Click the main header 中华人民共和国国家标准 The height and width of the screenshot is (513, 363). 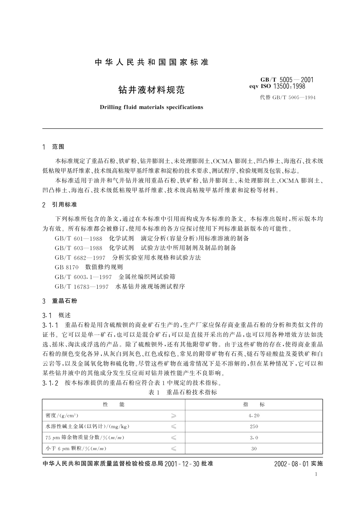(151, 62)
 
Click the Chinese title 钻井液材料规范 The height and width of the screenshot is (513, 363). (151, 90)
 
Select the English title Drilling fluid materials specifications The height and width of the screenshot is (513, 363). (151, 107)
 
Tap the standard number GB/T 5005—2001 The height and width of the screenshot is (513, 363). (287, 80)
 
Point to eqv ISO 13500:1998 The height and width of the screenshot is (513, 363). (277, 86)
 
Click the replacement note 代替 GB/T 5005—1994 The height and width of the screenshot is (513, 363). (287, 97)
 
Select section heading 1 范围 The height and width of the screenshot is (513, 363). (54, 147)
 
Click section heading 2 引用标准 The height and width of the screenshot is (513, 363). (60, 204)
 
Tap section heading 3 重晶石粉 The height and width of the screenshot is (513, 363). (60, 301)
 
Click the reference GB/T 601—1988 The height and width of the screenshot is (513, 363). (78, 238)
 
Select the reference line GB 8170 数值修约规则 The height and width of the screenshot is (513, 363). (89, 267)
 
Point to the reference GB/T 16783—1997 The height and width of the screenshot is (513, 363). (81, 287)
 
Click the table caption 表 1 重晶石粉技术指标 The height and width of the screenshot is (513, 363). (183, 392)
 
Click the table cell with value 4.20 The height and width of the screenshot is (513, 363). (254, 416)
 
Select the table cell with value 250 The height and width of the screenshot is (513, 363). (254, 426)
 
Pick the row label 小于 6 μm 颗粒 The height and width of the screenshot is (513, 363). (76, 448)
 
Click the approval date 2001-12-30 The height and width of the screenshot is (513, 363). (182, 464)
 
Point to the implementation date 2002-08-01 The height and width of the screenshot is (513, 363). (292, 464)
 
